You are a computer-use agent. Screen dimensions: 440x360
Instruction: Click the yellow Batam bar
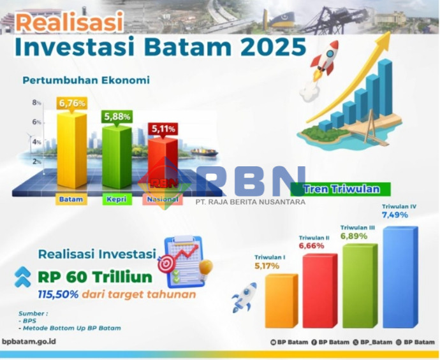pyautogui.click(x=72, y=150)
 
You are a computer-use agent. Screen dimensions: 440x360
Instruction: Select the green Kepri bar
pyautogui.click(x=117, y=157)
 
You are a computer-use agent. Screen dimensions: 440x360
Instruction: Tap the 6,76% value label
pyautogui.click(x=72, y=103)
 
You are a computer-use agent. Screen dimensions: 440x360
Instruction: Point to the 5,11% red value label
pyautogui.click(x=163, y=129)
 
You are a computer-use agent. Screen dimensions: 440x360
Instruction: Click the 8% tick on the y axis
pyautogui.click(x=36, y=103)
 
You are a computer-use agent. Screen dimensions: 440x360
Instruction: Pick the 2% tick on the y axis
pyautogui.click(x=37, y=161)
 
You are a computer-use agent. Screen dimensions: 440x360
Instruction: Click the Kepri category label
pyautogui.click(x=117, y=199)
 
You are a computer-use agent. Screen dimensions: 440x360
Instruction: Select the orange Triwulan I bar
pyautogui.click(x=281, y=301)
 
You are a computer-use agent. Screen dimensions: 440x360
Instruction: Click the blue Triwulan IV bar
pyautogui.click(x=400, y=277)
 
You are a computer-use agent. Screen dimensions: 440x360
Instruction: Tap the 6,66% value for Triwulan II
pyautogui.click(x=311, y=246)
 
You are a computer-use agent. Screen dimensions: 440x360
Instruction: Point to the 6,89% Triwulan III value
pyautogui.click(x=354, y=236)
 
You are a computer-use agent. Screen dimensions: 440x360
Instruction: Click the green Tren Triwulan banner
pyautogui.click(x=341, y=189)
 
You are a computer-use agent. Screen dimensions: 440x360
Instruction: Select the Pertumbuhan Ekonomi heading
pyautogui.click(x=86, y=80)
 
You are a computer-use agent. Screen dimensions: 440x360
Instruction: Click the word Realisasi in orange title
pyautogui.click(x=70, y=22)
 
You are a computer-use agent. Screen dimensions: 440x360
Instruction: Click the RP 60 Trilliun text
pyautogui.click(x=95, y=277)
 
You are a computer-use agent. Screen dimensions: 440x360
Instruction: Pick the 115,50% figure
pyautogui.click(x=58, y=294)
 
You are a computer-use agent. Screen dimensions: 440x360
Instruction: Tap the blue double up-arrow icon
pyautogui.click(x=23, y=277)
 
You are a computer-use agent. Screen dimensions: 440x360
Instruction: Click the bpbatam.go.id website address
pyautogui.click(x=29, y=342)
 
